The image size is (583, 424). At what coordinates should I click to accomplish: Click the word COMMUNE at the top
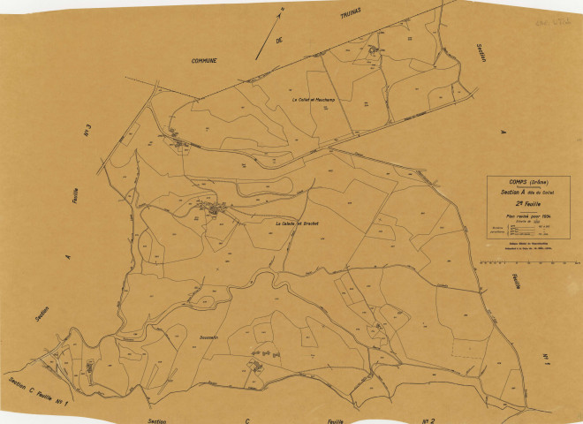(x=204, y=60)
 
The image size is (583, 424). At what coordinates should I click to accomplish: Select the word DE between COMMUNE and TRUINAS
(x=282, y=42)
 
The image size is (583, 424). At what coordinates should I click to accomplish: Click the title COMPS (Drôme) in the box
(x=527, y=183)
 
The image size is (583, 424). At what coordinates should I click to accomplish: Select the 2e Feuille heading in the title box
(x=527, y=202)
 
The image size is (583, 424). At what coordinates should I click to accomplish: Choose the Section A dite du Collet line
(x=527, y=192)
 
